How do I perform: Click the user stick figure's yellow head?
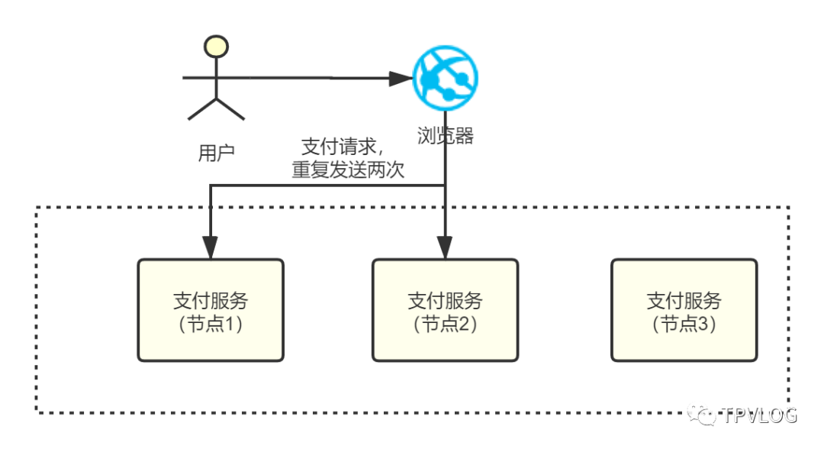(216, 47)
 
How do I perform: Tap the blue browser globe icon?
(445, 78)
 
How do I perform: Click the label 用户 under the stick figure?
(216, 153)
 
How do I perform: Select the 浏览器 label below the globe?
(446, 136)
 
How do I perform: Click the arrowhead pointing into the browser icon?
(401, 79)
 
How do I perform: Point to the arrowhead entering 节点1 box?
(211, 247)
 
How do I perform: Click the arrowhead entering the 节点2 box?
(445, 247)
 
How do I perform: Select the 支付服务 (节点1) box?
(211, 310)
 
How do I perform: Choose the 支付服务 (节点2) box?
(445, 310)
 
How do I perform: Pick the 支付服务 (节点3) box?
(684, 310)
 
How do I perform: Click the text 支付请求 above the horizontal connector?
(339, 147)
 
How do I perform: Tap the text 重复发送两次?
(348, 170)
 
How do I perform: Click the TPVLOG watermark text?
(760, 415)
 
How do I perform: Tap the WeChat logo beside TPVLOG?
(702, 415)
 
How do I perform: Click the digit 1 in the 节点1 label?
(230, 324)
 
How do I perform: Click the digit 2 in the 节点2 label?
(464, 324)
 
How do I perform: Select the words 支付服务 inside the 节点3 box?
(684, 301)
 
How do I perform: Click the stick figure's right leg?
(230, 109)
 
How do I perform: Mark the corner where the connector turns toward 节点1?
(211, 185)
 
